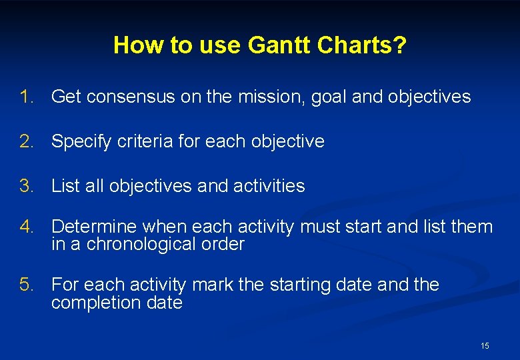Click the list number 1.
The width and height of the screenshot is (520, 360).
coord(27,97)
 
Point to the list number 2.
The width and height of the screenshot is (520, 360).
coord(27,141)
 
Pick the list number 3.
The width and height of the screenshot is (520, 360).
coord(27,186)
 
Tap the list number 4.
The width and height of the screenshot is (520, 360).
coord(27,227)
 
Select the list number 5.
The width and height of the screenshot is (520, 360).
coord(27,285)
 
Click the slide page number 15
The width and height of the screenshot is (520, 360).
coord(485,345)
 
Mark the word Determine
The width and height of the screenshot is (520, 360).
coord(93,227)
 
